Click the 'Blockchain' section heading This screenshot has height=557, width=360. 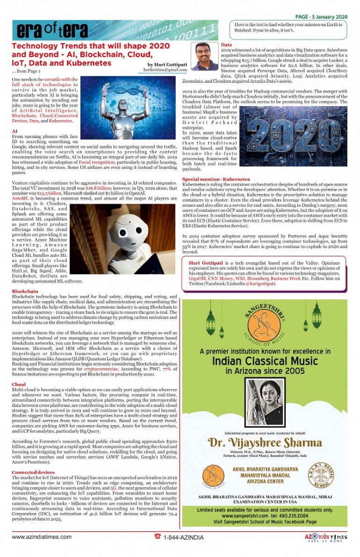(25, 291)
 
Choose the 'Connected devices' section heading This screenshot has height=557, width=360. (33, 472)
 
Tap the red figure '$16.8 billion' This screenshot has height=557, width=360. (106, 186)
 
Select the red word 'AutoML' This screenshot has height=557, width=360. (21, 198)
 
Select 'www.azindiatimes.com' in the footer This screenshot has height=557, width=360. (42, 537)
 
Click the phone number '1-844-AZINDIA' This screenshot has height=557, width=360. (183, 537)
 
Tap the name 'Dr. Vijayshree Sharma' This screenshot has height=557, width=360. (265, 442)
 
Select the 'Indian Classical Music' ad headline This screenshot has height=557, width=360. (265, 361)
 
